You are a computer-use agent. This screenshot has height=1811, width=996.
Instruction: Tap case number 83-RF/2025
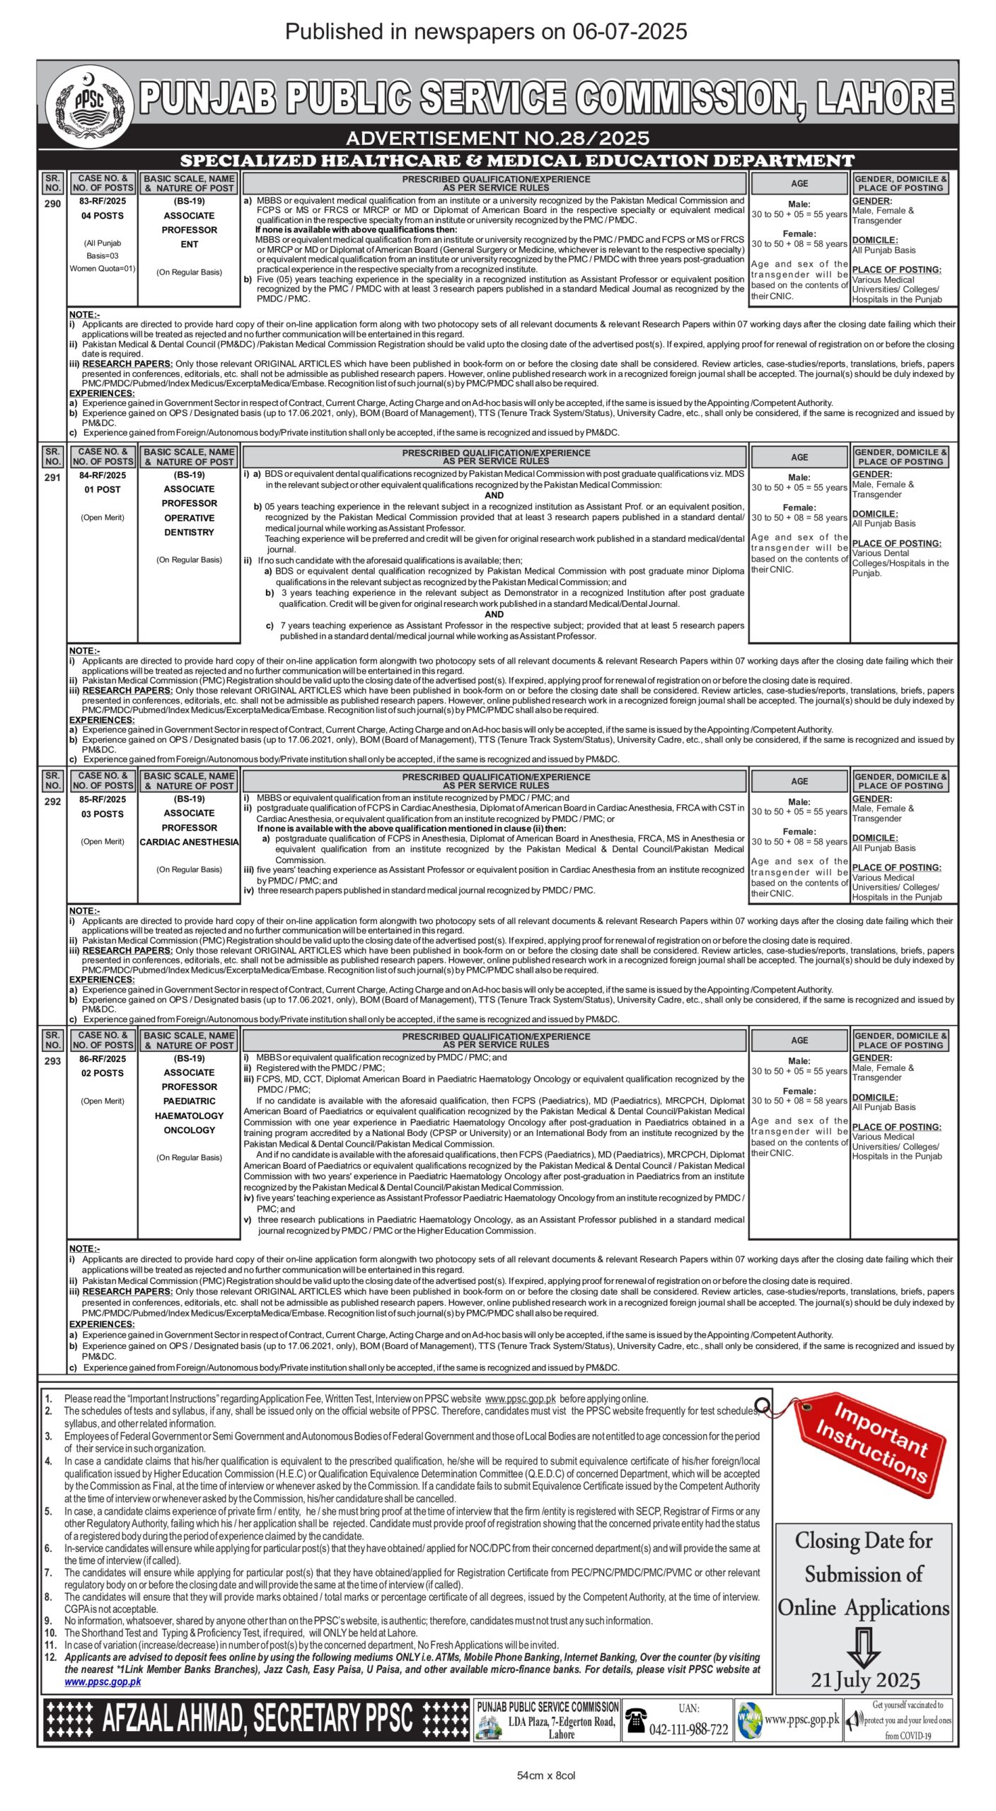pyautogui.click(x=103, y=201)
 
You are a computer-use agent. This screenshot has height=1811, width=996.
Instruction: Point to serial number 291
pyautogui.click(x=52, y=478)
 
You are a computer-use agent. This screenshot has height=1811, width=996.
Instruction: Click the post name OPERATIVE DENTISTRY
pyautogui.click(x=189, y=525)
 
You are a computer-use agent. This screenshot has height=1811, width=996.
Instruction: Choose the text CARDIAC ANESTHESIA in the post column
pyautogui.click(x=189, y=842)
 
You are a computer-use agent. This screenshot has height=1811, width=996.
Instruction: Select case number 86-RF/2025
pyautogui.click(x=103, y=1058)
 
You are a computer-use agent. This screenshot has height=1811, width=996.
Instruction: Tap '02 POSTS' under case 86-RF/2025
pyautogui.click(x=103, y=1073)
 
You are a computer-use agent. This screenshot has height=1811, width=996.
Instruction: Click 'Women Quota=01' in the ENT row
pyautogui.click(x=103, y=268)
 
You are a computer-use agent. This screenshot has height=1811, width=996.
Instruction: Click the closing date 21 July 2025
pyautogui.click(x=865, y=1680)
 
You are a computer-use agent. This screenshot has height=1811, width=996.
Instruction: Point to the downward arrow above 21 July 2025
pyautogui.click(x=863, y=1647)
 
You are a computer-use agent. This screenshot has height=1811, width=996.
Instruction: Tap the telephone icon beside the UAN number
pyautogui.click(x=635, y=1720)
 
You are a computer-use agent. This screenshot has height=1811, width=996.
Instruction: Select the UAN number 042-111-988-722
pyautogui.click(x=688, y=1729)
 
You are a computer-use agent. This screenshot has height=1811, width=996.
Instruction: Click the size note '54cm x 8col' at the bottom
pyautogui.click(x=546, y=1775)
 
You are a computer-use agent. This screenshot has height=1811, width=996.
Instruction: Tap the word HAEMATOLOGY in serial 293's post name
pyautogui.click(x=189, y=1116)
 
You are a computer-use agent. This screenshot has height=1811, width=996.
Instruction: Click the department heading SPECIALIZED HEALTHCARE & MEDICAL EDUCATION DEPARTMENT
pyautogui.click(x=516, y=161)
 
